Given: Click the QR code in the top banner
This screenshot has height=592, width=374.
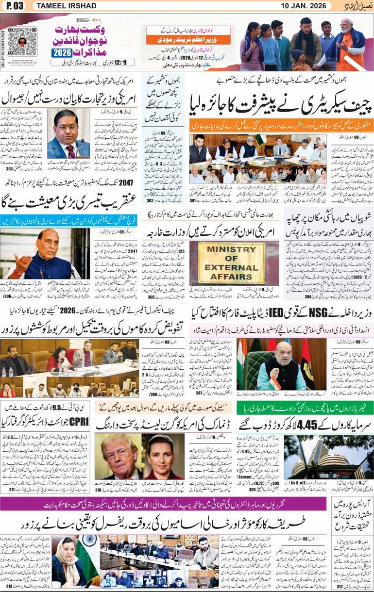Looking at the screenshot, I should (x=22, y=42).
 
